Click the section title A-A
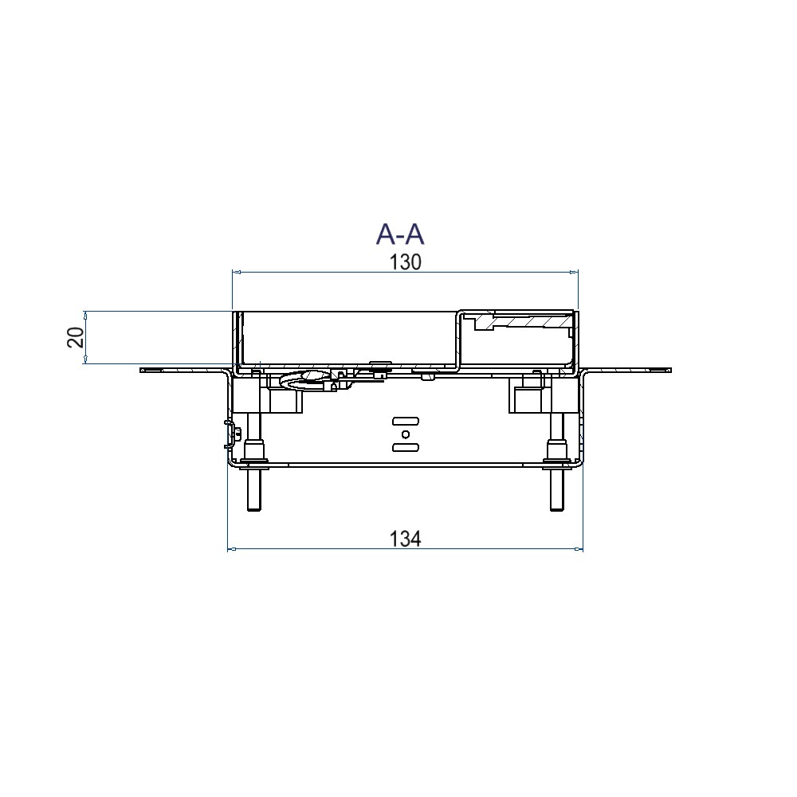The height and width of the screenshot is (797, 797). (400, 234)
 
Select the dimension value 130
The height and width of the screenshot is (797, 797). (405, 262)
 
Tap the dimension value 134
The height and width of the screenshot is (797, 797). (405, 539)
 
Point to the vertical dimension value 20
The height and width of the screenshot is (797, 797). (76, 337)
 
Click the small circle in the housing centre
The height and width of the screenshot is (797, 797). (406, 434)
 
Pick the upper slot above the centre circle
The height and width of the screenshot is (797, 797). (406, 421)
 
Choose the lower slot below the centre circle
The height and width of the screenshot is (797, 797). (406, 447)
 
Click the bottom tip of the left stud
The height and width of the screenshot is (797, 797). (253, 510)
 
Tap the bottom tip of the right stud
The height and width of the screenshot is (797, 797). (557, 510)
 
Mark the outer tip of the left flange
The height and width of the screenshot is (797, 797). (141, 370)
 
